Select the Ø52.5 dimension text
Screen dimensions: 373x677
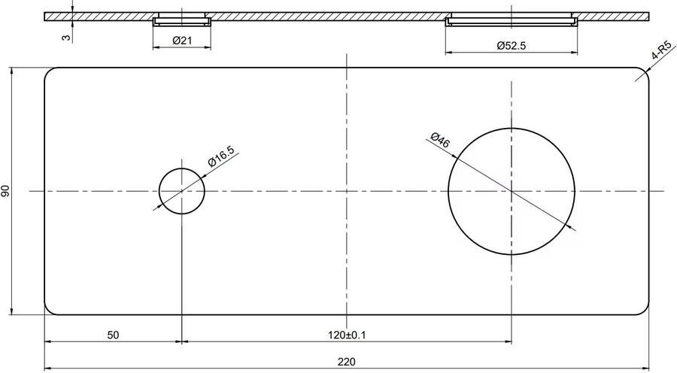click(511, 46)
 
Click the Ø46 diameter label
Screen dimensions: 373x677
click(440, 141)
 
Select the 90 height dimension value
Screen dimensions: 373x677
click(7, 191)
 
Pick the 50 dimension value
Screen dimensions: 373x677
click(113, 335)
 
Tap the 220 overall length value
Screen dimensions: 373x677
click(346, 362)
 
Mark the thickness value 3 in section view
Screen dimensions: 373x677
click(66, 36)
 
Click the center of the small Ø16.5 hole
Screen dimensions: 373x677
click(181, 191)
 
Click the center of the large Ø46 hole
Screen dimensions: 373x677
click(512, 191)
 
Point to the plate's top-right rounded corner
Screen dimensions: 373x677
click(645, 71)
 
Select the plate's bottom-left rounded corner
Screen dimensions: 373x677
click(48, 311)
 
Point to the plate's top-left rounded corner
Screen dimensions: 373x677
click(48, 71)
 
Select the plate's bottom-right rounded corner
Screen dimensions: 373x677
click(645, 311)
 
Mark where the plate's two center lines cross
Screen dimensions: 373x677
click(346, 191)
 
